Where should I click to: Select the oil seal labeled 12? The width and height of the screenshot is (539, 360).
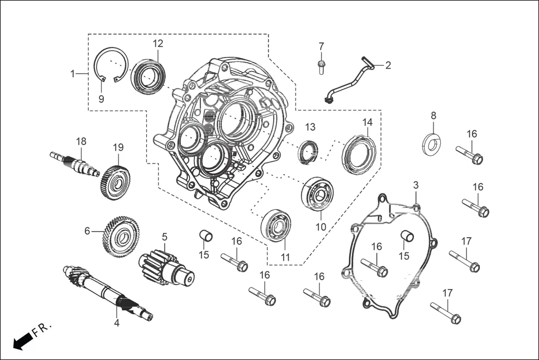pos(148,76)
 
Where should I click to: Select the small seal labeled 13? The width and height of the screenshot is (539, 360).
pos(307,152)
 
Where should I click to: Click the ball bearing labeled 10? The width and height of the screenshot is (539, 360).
pos(318,194)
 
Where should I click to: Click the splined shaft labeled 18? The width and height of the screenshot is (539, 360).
pos(75,163)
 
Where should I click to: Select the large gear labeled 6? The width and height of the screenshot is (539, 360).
pos(120,236)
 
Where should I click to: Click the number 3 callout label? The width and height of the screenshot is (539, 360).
pos(416,185)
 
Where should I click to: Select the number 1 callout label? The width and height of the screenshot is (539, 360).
pos(72,73)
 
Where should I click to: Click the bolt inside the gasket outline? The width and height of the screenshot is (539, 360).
pos(374,267)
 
